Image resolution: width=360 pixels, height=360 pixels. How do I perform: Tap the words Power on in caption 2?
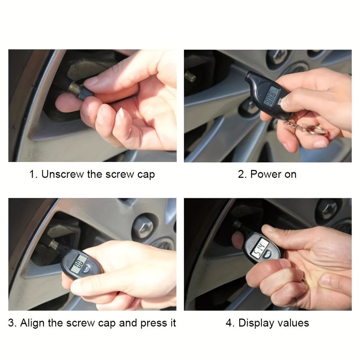[x=273, y=174]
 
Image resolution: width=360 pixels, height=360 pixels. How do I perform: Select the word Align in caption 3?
[x=33, y=323]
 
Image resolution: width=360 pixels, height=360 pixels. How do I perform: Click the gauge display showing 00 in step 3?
[x=80, y=264]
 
